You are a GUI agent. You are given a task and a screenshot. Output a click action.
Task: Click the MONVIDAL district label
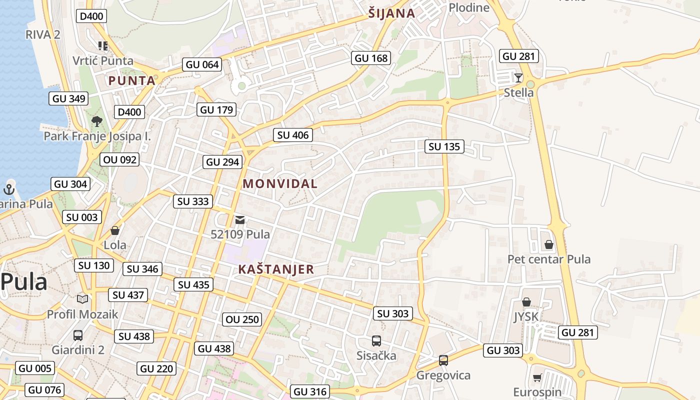(x=280, y=183)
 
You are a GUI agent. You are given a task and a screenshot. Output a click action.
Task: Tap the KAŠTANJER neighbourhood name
(x=276, y=269)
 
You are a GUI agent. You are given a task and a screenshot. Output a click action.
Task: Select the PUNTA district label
(x=132, y=80)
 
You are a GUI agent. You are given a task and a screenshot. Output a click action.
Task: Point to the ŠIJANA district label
(x=391, y=13)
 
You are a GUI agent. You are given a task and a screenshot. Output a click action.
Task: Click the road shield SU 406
(x=293, y=134)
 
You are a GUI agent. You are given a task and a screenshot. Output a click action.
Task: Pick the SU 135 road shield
(x=444, y=146)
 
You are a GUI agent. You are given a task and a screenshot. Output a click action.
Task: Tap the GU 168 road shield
(x=370, y=58)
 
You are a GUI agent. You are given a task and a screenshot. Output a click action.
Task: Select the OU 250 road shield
(x=242, y=319)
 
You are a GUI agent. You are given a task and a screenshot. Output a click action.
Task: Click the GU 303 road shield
(x=503, y=350)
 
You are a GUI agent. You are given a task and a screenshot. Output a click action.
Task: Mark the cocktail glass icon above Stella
(x=518, y=77)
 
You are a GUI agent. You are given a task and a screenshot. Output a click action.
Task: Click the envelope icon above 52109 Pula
(x=240, y=220)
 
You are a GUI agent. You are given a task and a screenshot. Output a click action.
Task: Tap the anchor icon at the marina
(x=8, y=189)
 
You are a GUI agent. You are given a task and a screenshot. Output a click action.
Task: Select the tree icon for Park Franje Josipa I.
(x=97, y=121)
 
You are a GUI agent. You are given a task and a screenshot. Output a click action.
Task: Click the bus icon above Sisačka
(x=376, y=341)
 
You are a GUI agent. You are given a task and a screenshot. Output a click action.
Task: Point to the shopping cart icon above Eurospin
(x=537, y=377)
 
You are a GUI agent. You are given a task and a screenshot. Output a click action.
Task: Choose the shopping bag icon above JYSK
(x=526, y=302)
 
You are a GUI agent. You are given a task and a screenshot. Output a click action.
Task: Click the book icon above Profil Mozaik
(x=82, y=299)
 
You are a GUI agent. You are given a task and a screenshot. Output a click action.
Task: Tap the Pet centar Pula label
(x=549, y=259)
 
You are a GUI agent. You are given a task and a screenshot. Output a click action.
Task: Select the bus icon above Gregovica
(x=443, y=360)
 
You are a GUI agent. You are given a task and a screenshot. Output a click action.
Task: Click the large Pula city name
(x=24, y=282)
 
